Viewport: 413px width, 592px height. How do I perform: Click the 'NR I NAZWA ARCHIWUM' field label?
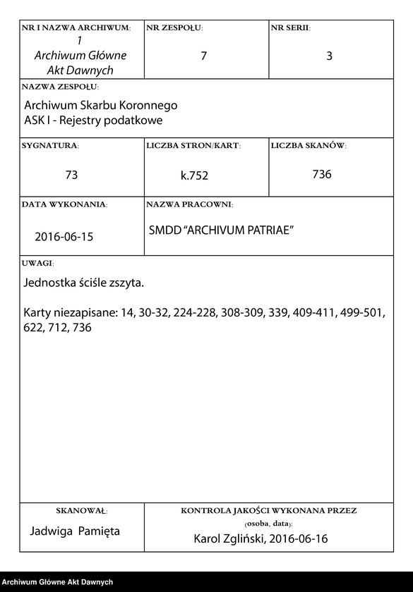pos(76,28)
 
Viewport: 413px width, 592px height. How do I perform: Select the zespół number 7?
pos(204,56)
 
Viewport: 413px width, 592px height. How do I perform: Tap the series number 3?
pos(329,56)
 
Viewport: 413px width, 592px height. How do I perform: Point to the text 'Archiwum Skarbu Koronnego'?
pos(100,105)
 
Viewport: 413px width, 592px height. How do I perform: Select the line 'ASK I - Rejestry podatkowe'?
pos(93,120)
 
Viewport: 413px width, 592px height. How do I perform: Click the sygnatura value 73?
pos(71,175)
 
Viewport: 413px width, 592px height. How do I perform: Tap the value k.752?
pos(194,175)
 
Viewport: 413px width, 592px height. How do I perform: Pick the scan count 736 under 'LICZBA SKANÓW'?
pos(322,174)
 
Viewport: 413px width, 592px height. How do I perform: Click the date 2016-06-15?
pos(64,237)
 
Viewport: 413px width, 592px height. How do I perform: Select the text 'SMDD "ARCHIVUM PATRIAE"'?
pos(221,230)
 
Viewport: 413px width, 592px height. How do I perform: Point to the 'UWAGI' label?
pos(38,263)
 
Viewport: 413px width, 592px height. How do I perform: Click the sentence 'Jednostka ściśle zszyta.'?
pos(84,283)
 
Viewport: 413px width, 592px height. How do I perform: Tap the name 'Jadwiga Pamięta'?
pos(76,530)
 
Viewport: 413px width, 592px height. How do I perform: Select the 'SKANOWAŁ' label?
pos(81,510)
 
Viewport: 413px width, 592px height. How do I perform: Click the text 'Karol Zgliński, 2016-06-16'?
pos(260,539)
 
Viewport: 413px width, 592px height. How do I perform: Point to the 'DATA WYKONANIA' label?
pos(64,204)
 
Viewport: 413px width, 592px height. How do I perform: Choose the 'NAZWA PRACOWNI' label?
pos(189,204)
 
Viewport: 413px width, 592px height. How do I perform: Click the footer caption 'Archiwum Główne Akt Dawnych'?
pos(57,582)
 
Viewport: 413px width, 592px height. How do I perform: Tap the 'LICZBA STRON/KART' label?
pos(193,146)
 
